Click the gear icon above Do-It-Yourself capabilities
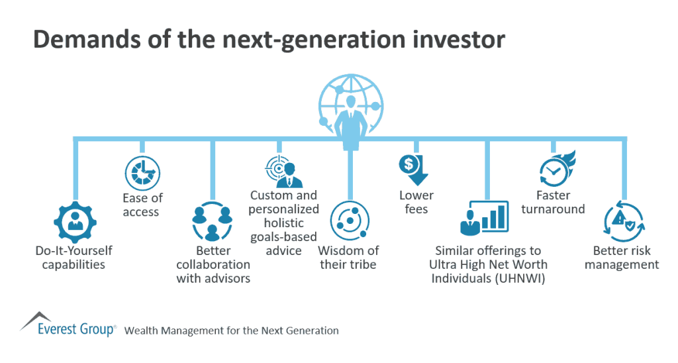point(73,221)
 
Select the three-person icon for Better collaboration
point(213,222)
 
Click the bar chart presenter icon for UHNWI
point(485,218)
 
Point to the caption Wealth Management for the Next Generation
point(231,331)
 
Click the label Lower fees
point(416,202)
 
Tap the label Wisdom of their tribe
point(348,258)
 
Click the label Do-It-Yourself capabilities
point(73,258)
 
